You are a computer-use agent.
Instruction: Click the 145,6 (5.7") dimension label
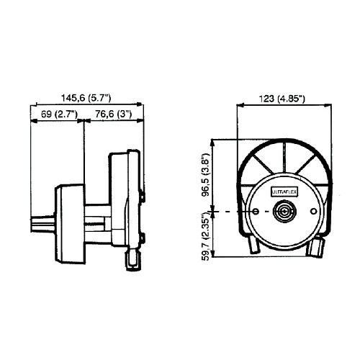tap(86, 98)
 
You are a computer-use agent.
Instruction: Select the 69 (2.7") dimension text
tap(59, 114)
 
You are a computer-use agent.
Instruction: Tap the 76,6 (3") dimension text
tap(114, 114)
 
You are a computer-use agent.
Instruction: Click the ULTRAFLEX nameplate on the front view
tap(284, 192)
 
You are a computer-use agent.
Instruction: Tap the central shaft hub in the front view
tap(284, 212)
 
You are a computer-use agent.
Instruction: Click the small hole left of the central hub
tap(256, 212)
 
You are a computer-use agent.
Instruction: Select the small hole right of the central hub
tap(314, 211)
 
